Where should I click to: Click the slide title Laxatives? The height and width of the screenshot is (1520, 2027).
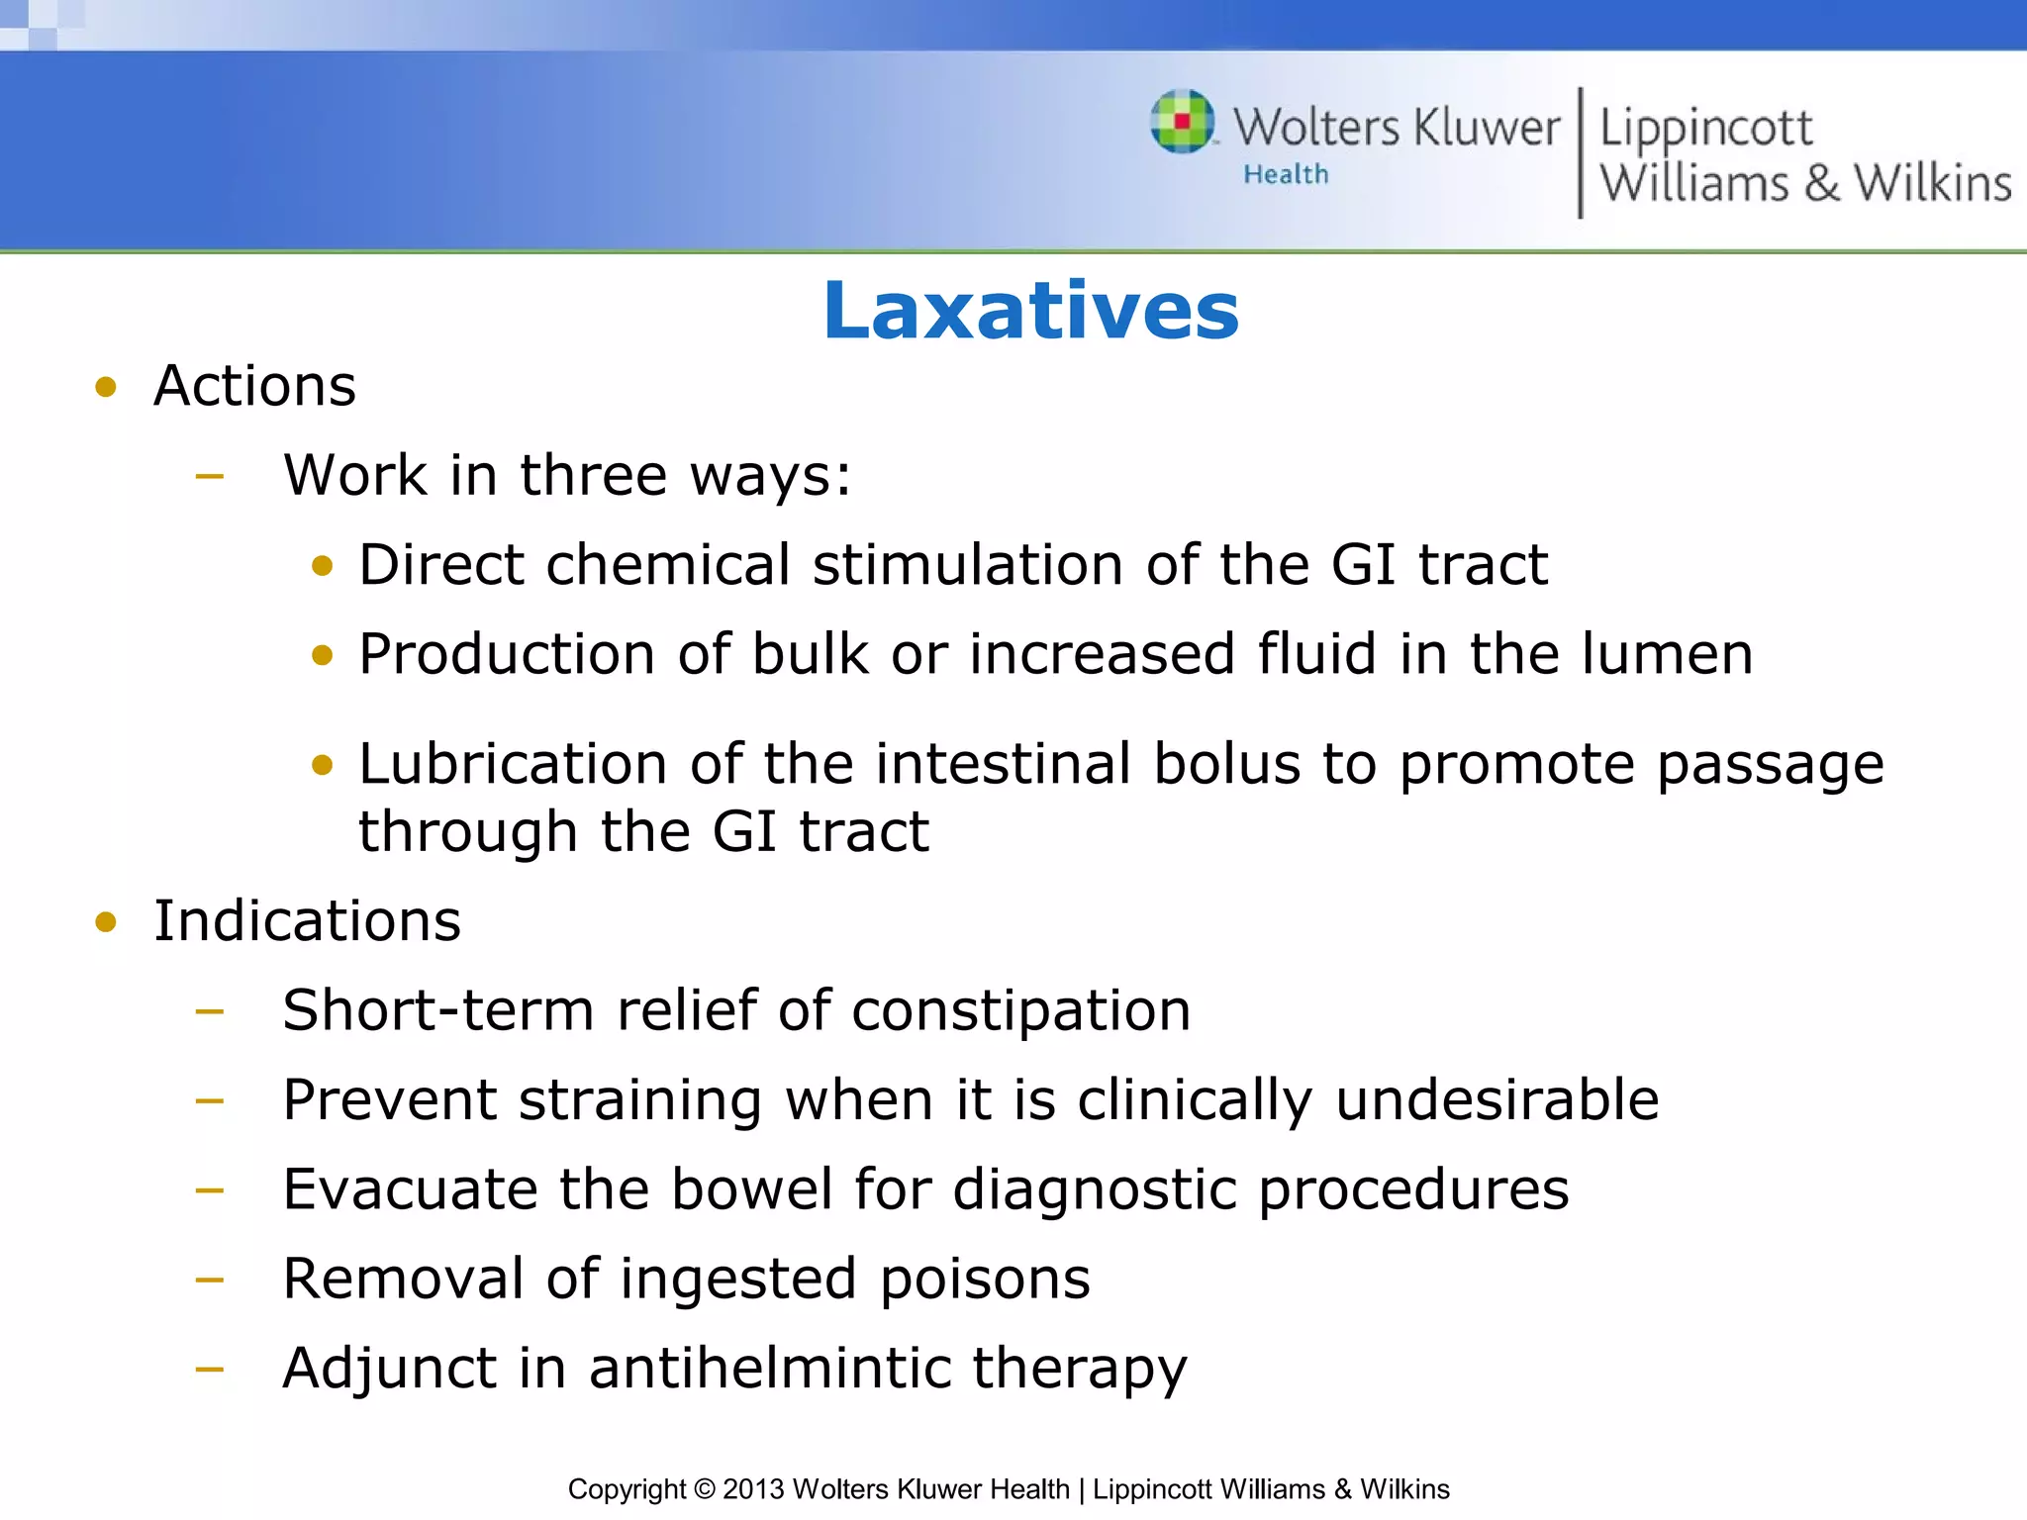click(x=1030, y=311)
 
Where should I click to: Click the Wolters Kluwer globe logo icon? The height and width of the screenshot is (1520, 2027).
click(x=1183, y=122)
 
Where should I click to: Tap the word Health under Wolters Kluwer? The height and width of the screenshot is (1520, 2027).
click(x=1286, y=174)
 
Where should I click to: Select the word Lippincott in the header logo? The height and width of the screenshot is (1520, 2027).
click(x=1705, y=129)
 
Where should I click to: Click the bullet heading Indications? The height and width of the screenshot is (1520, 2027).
click(x=307, y=920)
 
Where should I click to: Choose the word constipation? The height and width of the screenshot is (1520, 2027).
click(x=1020, y=1010)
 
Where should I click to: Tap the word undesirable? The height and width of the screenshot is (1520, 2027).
click(x=1496, y=1099)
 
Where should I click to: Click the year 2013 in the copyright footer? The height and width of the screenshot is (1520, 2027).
click(x=753, y=1489)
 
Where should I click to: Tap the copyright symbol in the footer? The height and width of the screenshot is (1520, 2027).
click(x=704, y=1489)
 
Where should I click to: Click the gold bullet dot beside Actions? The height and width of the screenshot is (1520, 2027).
click(x=106, y=387)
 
